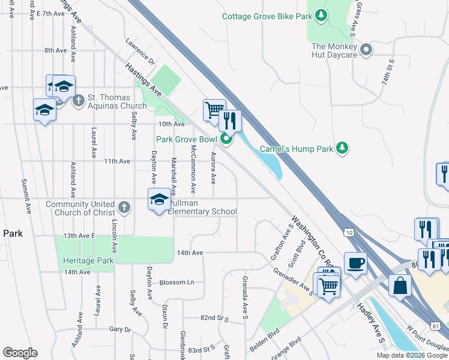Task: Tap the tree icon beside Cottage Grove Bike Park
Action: pos(322,15)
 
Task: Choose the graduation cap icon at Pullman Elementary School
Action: pos(158,199)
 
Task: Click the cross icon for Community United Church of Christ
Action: pos(124,208)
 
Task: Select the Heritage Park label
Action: pos(88,261)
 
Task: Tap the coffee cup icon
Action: pos(356,263)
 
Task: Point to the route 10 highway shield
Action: pos(349,232)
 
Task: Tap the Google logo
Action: pos(20,353)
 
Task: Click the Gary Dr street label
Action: pos(120,329)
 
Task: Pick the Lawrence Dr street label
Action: pos(140,53)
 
